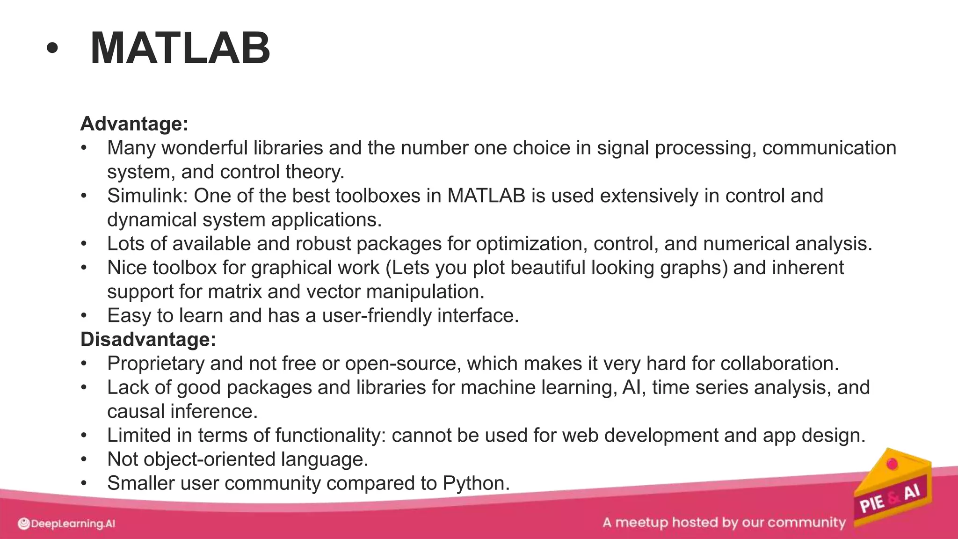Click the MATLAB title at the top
point(180,48)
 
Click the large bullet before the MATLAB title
point(52,49)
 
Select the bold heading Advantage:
point(134,124)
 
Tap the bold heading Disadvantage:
point(148,339)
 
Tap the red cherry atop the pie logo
point(893,464)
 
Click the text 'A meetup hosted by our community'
point(724,522)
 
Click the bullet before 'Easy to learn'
point(84,315)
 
